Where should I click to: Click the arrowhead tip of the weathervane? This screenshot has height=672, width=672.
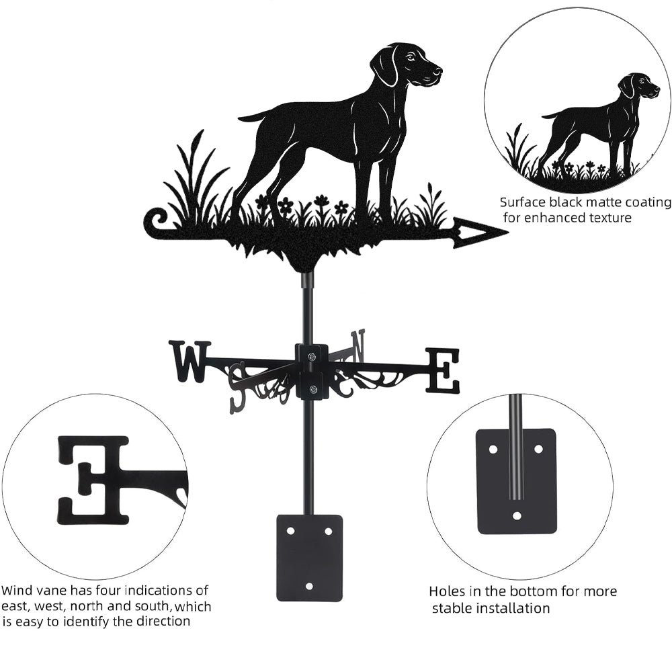tap(508, 233)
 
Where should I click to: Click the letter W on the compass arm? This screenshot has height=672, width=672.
tap(190, 362)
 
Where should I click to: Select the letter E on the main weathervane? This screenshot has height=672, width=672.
tap(443, 371)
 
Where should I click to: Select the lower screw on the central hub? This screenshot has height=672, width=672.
tap(312, 390)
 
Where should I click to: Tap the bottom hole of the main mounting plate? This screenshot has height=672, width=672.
tap(309, 585)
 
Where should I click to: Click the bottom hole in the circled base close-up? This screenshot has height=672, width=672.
tap(516, 515)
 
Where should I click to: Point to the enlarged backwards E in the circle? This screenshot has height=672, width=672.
tap(93, 480)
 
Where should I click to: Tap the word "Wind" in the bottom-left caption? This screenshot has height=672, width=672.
tap(17, 590)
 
